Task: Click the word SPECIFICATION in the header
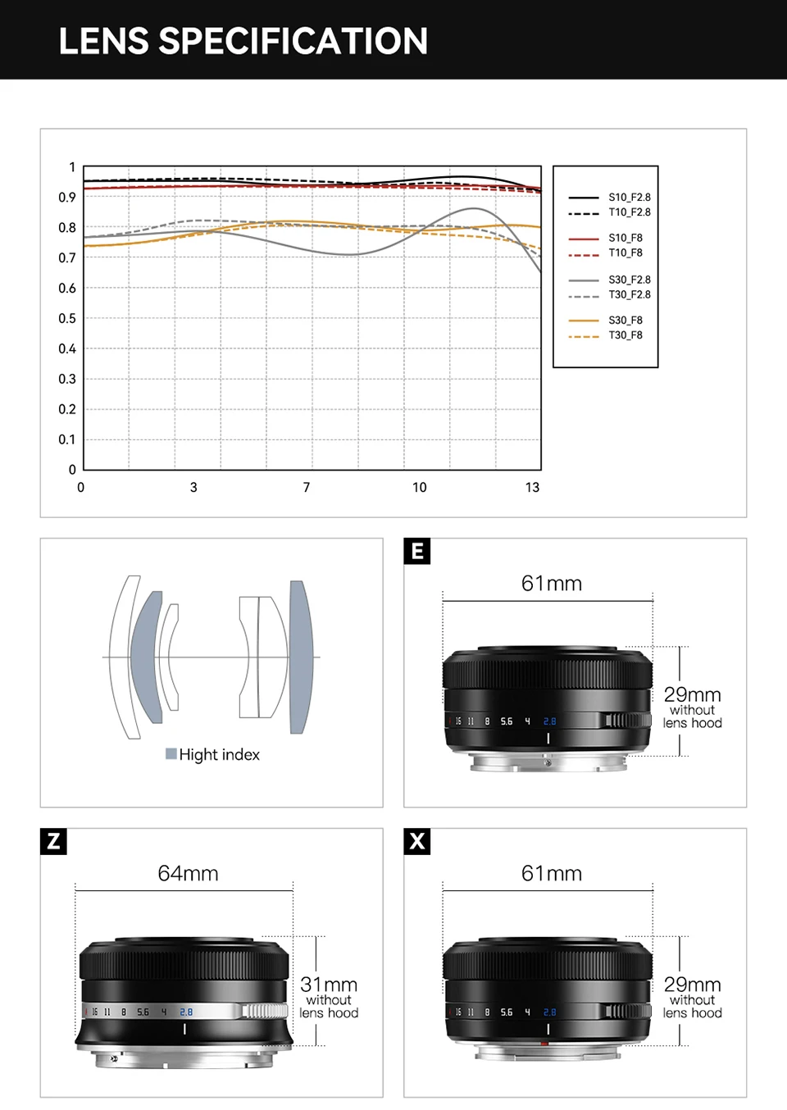pyautogui.click(x=293, y=41)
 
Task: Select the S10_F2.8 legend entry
pyautogui.click(x=629, y=198)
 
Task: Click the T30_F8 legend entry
pyautogui.click(x=625, y=335)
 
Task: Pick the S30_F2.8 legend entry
pyautogui.click(x=629, y=280)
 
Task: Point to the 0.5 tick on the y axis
pyautogui.click(x=67, y=318)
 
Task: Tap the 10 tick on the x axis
pyautogui.click(x=419, y=487)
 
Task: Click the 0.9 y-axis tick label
pyautogui.click(x=67, y=197)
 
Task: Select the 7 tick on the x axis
pyautogui.click(x=307, y=487)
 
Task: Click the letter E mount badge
pyautogui.click(x=417, y=551)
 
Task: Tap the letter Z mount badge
pyautogui.click(x=53, y=841)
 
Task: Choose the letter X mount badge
pyautogui.click(x=417, y=841)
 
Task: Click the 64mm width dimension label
pyautogui.click(x=188, y=873)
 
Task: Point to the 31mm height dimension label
pyautogui.click(x=329, y=985)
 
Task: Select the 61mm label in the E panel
pyautogui.click(x=552, y=584)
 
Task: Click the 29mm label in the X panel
pyautogui.click(x=692, y=985)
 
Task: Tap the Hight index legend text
pyautogui.click(x=219, y=754)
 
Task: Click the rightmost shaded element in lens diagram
pyautogui.click(x=301, y=656)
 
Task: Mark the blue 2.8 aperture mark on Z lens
pyautogui.click(x=186, y=1012)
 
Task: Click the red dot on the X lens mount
pyautogui.click(x=544, y=1044)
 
